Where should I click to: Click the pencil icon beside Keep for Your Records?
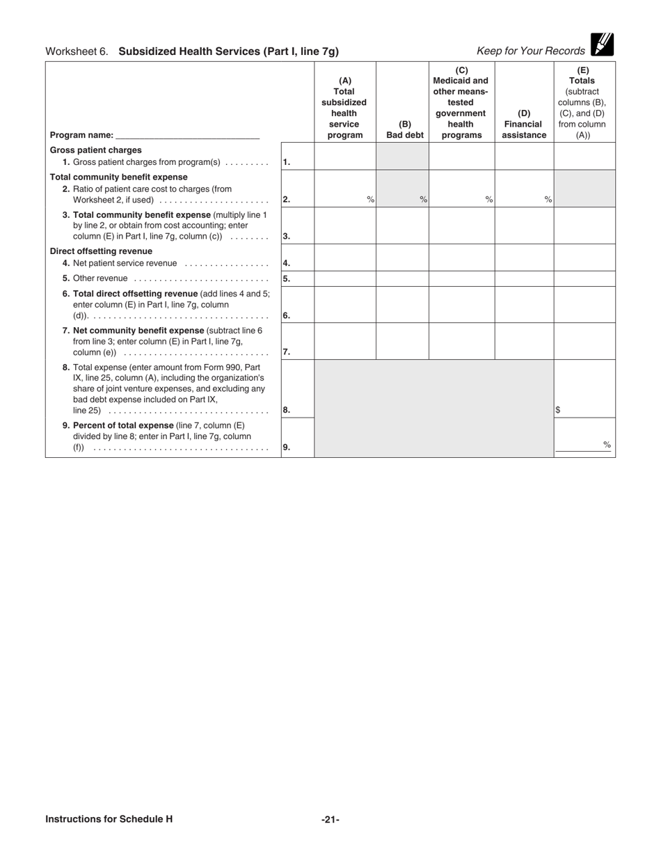[602, 45]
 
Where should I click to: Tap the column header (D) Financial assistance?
[524, 124]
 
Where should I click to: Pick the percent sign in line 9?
[607, 445]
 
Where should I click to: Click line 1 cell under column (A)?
[345, 157]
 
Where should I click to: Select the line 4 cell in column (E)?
[584, 257]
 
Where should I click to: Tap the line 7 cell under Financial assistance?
[524, 341]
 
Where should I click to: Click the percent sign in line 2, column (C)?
[489, 200]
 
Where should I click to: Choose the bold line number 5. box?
[287, 279]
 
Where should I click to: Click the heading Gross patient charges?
[96, 150]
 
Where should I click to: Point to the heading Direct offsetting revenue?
[101, 251]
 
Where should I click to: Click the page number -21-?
[330, 820]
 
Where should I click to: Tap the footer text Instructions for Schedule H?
[109, 819]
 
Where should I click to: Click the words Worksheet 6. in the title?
[77, 51]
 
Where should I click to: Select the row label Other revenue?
[100, 278]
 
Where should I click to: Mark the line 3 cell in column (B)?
[402, 225]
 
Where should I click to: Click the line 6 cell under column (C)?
[461, 304]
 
